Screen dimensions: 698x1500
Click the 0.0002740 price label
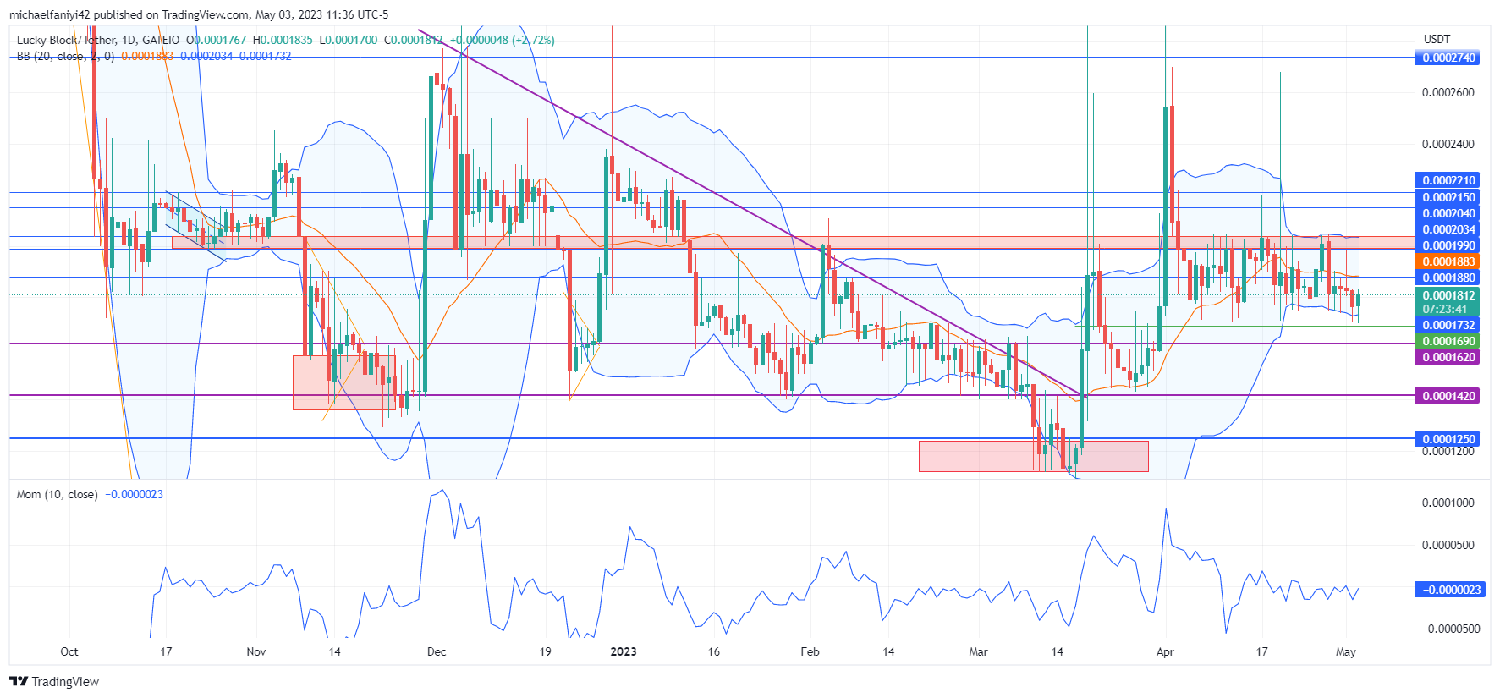pos(1448,58)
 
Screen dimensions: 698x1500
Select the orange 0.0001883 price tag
pos(1448,261)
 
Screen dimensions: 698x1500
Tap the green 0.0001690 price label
pos(1448,341)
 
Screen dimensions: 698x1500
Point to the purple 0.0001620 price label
pos(1448,357)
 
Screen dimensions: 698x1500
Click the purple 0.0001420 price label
pos(1448,395)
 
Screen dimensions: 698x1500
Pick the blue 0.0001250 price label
pos(1448,438)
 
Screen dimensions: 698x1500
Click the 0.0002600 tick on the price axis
pos(1448,92)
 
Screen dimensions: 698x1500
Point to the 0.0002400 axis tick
pos(1448,144)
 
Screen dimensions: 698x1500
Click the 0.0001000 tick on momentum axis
pos(1448,503)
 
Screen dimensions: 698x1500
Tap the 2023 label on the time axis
pos(624,651)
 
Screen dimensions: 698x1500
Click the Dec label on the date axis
pos(437,651)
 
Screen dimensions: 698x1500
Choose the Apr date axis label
pos(1165,651)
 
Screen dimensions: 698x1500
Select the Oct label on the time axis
pos(69,651)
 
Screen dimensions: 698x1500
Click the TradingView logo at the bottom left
pos(55,682)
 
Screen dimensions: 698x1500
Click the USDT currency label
pos(1437,39)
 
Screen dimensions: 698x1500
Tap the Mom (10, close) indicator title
pos(58,494)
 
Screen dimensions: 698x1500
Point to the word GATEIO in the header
pos(161,40)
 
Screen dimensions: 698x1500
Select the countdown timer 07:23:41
pos(1448,309)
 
